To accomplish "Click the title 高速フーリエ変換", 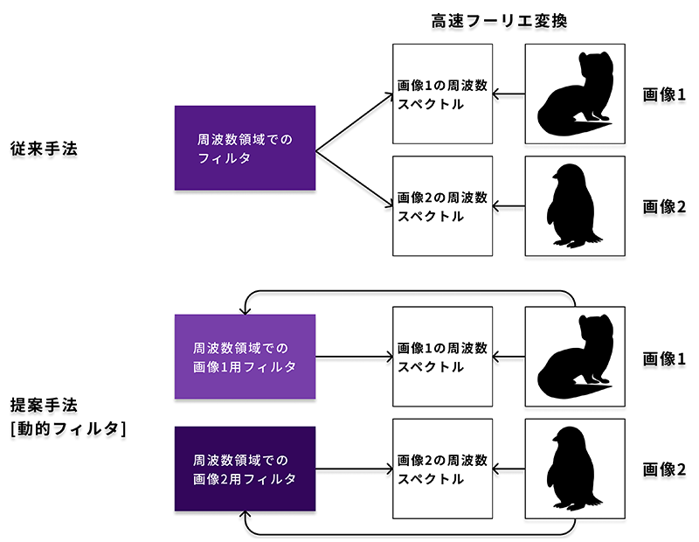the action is point(499,21).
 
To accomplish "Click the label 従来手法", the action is point(44,149).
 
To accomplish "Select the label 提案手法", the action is point(44,405).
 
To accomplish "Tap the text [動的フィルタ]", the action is point(68,428).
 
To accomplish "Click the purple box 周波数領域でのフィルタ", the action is point(245,148).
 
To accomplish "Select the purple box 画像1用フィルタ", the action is point(245,357).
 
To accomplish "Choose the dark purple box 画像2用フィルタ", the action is point(245,469).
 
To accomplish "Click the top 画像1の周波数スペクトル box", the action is point(442,94).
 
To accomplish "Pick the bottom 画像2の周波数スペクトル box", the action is point(442,469).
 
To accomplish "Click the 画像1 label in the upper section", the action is point(664,94).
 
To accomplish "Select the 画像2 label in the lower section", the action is point(664,469).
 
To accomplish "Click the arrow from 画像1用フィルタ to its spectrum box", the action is point(354,357).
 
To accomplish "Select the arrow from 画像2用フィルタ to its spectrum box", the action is point(354,469).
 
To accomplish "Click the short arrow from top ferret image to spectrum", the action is point(509,94).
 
